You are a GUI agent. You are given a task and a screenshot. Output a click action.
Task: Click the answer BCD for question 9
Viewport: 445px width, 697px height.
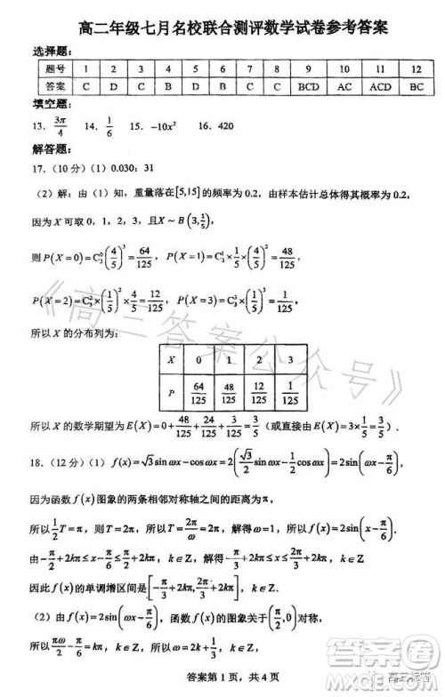309,86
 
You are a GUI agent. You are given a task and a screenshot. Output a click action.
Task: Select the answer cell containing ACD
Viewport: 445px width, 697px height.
380,86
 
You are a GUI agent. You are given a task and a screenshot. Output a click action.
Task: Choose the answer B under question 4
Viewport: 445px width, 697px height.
168,86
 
